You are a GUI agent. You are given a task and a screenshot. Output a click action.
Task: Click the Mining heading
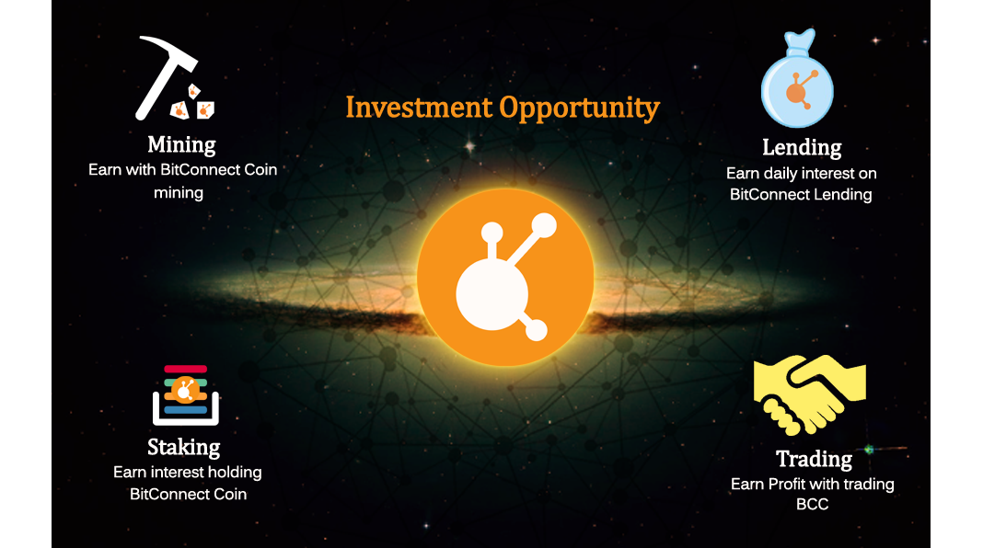click(x=181, y=145)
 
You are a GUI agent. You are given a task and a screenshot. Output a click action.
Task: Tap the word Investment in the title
click(x=419, y=108)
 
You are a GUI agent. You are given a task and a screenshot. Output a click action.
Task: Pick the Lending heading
click(x=802, y=147)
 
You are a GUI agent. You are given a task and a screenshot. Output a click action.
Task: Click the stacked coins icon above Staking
click(x=185, y=394)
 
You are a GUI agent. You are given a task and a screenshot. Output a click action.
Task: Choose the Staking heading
click(x=184, y=448)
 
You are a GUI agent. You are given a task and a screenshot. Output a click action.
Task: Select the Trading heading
click(x=814, y=458)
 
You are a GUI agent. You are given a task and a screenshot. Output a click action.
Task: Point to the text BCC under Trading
click(x=812, y=504)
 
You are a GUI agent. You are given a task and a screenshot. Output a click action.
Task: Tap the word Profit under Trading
click(x=788, y=484)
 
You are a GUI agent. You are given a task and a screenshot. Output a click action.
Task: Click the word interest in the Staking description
click(x=179, y=473)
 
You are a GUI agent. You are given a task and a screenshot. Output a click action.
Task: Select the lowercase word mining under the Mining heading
click(x=179, y=193)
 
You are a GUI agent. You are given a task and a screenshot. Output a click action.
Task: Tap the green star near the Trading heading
click(x=868, y=450)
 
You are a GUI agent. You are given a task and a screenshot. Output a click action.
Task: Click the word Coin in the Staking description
click(x=228, y=494)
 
